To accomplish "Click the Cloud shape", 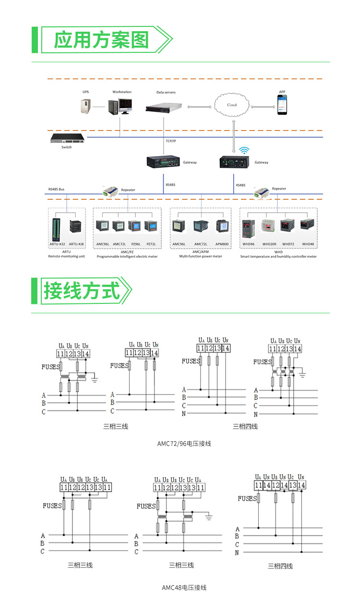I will (232, 105).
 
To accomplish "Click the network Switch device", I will (68, 138).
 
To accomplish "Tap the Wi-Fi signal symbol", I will (244, 150).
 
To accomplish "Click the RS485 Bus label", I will (56, 190).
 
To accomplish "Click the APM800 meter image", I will (222, 227).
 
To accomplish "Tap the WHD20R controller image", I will (269, 228).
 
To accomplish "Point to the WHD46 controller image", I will (249, 228).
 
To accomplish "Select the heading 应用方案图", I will (101, 40).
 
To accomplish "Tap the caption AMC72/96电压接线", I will (184, 444).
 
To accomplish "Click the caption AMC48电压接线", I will (184, 588).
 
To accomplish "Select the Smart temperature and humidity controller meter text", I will (278, 257).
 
